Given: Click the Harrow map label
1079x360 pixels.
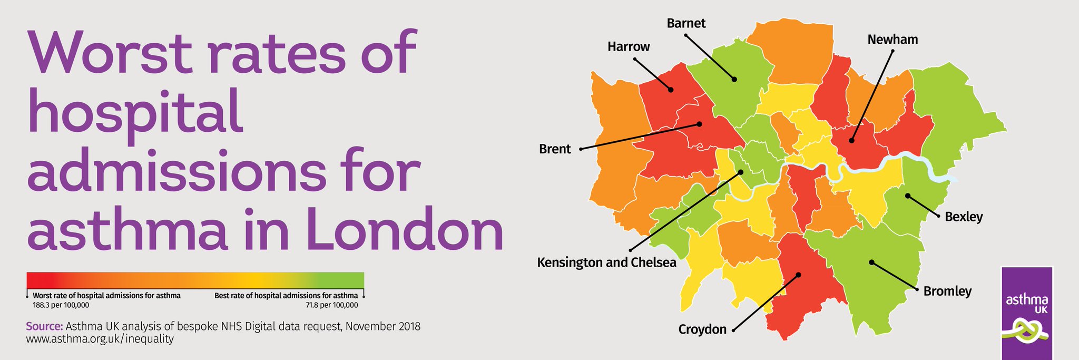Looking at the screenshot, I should click(629, 47).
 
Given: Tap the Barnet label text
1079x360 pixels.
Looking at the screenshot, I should click(685, 24).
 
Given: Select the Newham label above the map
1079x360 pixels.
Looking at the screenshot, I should click(892, 40).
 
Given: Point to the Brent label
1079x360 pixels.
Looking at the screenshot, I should click(554, 149).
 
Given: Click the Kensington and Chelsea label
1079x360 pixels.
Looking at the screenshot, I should click(606, 262).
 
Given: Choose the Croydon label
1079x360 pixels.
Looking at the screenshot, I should click(702, 330).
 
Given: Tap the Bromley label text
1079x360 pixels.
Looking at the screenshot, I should click(947, 291).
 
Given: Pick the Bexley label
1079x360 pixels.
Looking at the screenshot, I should click(964, 217).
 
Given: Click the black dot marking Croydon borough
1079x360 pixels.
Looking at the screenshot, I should click(798, 275).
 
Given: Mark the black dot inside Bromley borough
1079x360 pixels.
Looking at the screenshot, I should click(871, 262).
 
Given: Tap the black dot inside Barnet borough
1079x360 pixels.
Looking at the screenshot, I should click(733, 80).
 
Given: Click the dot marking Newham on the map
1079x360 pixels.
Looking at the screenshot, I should click(851, 141).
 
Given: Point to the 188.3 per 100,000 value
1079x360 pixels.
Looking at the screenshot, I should click(61, 305).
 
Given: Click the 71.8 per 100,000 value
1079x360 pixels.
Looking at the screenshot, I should click(332, 305).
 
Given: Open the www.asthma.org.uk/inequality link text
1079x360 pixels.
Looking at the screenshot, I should click(100, 339).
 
